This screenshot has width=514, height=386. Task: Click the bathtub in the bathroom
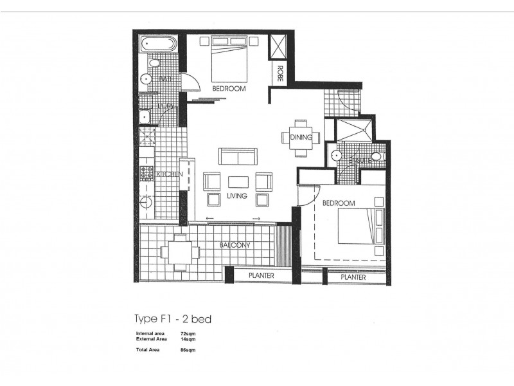pos(156,47)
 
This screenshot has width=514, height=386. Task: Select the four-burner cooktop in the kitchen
pos(146,172)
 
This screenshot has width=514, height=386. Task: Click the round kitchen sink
pos(146,203)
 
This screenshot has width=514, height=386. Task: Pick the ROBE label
pos(281,71)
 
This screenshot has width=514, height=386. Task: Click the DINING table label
pos(301,137)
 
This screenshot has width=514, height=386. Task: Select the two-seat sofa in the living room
pos(238,157)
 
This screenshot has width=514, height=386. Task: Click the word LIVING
pos(237,196)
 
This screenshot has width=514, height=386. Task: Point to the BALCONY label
pos(234,245)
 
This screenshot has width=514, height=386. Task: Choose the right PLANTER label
pos(353,278)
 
